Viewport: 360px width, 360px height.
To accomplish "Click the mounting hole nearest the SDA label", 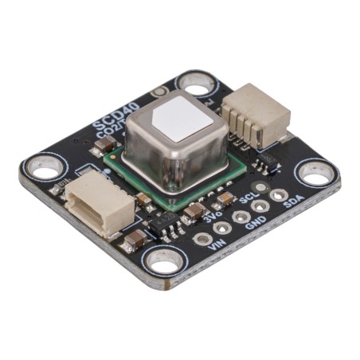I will coord(315,173).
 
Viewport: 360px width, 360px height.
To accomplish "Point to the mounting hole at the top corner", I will coord(195,82).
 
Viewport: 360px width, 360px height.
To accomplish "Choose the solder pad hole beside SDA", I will coord(277,194).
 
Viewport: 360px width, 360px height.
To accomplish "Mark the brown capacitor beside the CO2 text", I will coord(104,145).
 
